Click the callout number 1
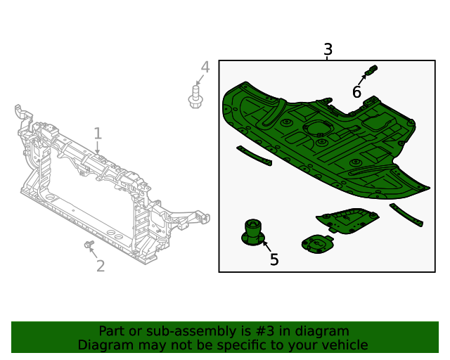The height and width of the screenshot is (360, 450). pos(98,133)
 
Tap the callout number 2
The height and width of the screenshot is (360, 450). pos(101,266)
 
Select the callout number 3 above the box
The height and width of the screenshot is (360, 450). pos(328,50)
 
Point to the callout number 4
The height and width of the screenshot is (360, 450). pos(205,67)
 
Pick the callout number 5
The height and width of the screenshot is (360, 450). pos(274,259)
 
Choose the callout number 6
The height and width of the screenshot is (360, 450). pos(357,92)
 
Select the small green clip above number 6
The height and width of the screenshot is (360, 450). pos(372,70)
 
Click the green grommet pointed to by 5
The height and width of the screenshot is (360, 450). pos(253,233)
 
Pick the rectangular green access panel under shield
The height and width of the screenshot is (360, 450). pos(349,221)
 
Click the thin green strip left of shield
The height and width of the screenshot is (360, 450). pos(254,156)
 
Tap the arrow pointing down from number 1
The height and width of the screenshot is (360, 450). pos(98,148)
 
